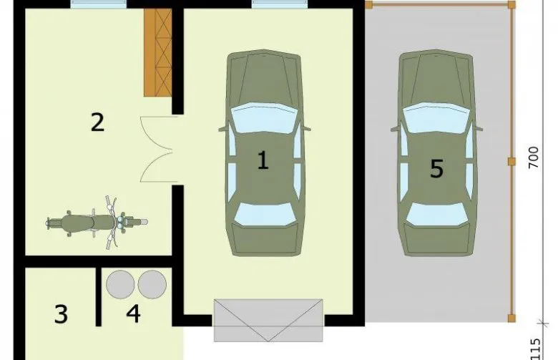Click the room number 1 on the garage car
tap(263, 160)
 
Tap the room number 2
tap(97, 122)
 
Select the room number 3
tap(61, 314)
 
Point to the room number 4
tap(133, 313)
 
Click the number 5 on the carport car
tap(437, 168)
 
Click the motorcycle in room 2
tap(97, 223)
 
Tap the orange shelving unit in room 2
tap(157, 52)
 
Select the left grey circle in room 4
tap(120, 284)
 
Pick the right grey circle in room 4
tap(152, 284)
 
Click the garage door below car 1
tap(268, 321)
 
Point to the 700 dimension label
tap(534, 157)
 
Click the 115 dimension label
tap(535, 349)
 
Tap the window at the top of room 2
tap(99, 4)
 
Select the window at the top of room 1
tap(280, 4)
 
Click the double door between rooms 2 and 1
tap(157, 150)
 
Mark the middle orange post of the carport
tap(511, 162)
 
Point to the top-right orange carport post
tap(511, 4)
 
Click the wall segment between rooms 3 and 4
tap(99, 296)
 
